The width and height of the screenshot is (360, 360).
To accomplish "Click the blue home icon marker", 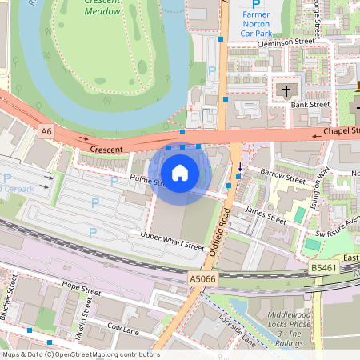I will click(180, 172).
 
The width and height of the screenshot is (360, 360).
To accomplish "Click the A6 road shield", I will click(46, 130).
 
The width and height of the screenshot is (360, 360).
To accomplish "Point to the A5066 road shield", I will click(202, 278).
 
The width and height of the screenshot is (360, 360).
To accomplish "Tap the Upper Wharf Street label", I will click(173, 241).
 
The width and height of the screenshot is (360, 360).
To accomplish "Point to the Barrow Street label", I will click(283, 178).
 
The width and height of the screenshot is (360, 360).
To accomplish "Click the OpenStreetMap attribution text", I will click(80, 354).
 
